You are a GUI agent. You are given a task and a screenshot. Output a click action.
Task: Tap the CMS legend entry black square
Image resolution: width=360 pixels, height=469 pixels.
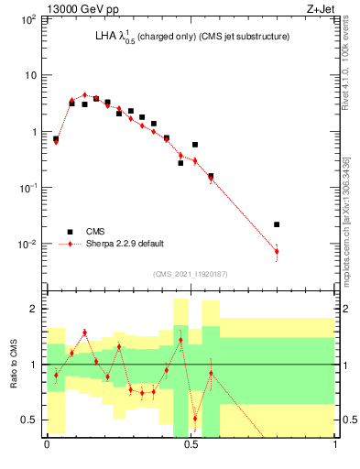click(68, 232)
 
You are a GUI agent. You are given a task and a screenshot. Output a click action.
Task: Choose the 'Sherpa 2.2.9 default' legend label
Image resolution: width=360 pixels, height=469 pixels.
click(125, 244)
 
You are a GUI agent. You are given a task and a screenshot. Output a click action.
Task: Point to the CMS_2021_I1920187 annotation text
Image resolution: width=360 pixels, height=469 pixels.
click(191, 274)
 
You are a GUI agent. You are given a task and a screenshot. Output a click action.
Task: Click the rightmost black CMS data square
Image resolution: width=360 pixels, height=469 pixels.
click(277, 224)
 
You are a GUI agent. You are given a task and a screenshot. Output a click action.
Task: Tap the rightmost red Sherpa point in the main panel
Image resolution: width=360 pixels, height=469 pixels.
click(277, 251)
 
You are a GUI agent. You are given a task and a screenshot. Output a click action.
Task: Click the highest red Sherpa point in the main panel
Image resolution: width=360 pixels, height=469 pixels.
click(84, 94)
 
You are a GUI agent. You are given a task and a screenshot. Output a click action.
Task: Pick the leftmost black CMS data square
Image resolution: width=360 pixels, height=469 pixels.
click(56, 139)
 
